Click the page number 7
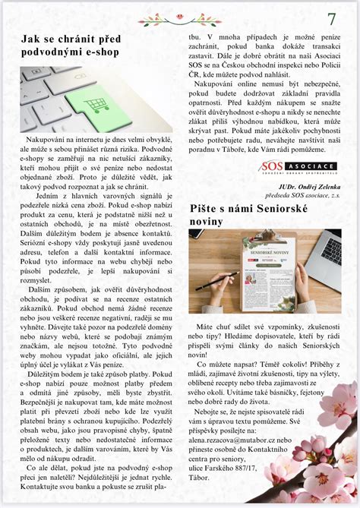[332, 18]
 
